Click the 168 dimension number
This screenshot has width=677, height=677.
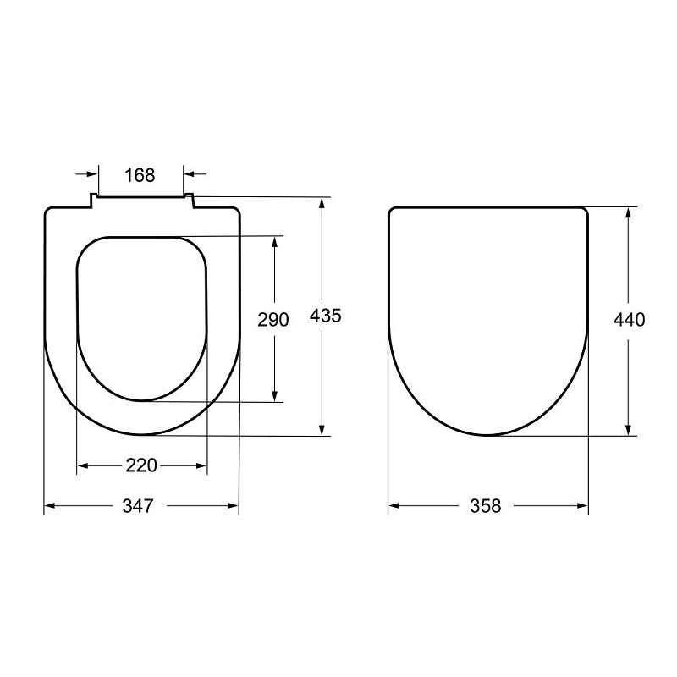pyautogui.click(x=140, y=175)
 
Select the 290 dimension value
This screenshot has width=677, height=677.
pyautogui.click(x=272, y=320)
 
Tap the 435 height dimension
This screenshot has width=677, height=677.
pyautogui.click(x=326, y=316)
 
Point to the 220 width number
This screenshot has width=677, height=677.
pyautogui.click(x=141, y=465)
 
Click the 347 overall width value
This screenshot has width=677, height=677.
pyautogui.click(x=138, y=505)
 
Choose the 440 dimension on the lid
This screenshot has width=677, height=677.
pyautogui.click(x=629, y=320)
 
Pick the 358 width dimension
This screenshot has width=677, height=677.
pyautogui.click(x=485, y=506)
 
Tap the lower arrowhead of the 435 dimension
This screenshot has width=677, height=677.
pyautogui.click(x=322, y=430)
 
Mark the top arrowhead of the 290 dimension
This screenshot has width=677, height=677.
pyautogui.click(x=274, y=242)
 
